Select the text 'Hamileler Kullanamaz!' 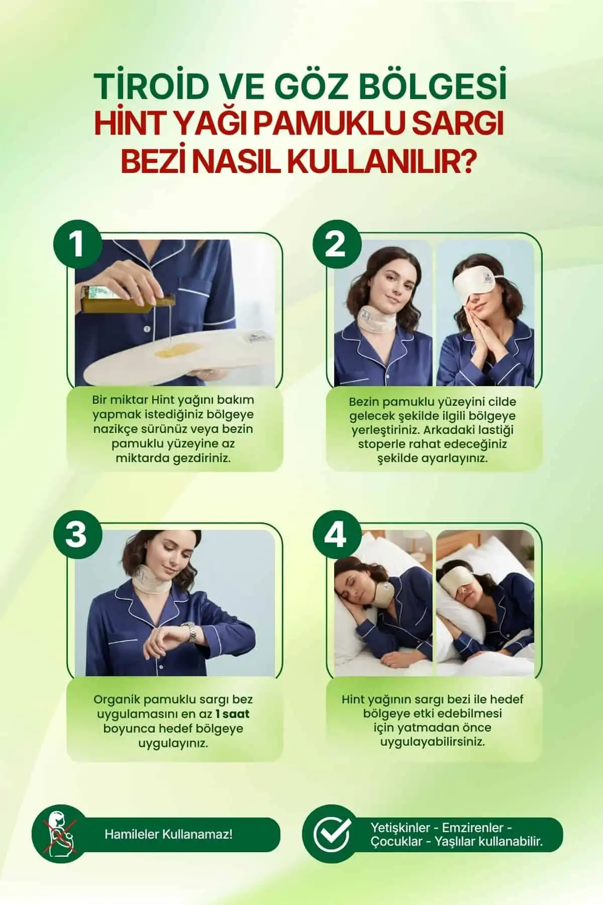(168, 835)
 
